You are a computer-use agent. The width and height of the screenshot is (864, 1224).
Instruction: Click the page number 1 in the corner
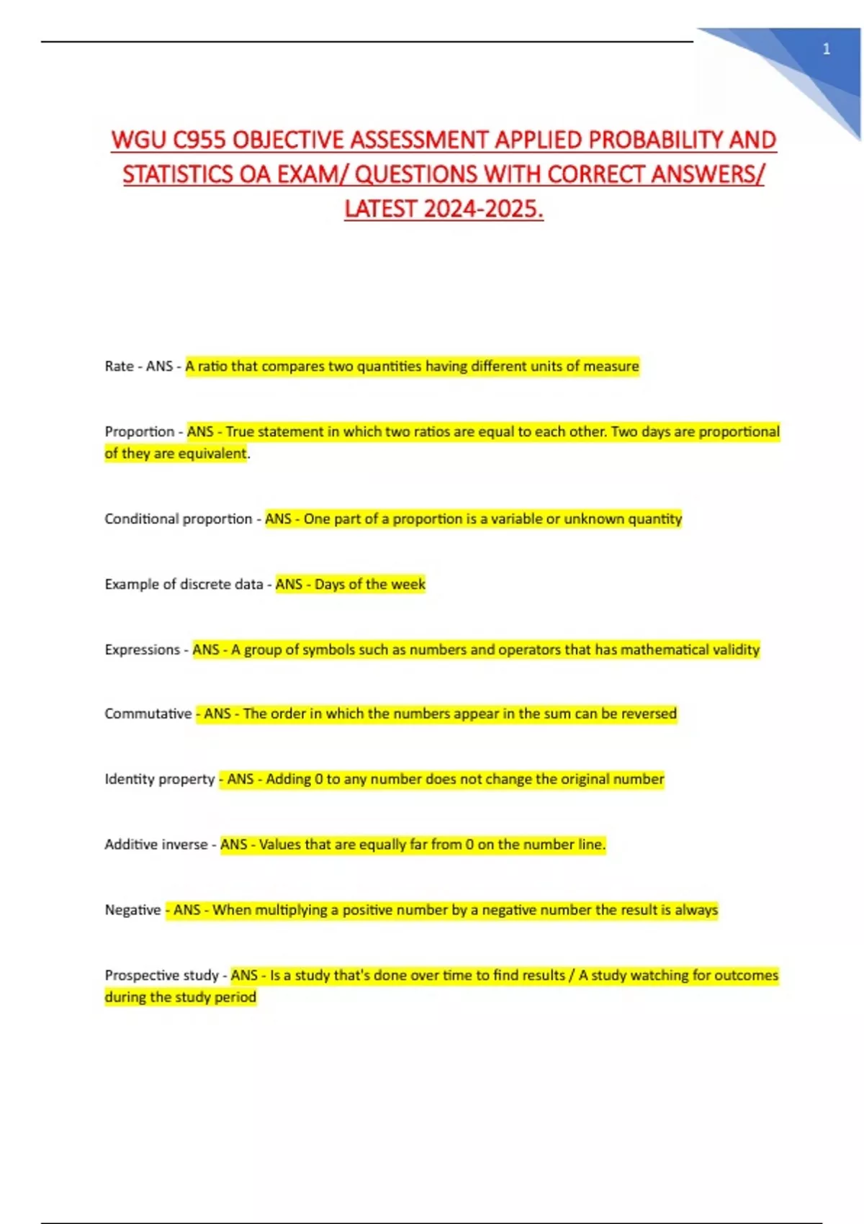click(826, 49)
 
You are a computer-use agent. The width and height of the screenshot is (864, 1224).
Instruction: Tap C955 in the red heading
click(199, 140)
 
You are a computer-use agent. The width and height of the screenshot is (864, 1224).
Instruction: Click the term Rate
click(119, 366)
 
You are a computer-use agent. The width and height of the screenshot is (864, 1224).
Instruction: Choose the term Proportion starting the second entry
click(139, 432)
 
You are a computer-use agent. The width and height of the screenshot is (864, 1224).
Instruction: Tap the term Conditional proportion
click(178, 519)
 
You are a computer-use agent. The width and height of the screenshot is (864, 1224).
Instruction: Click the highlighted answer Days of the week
click(369, 584)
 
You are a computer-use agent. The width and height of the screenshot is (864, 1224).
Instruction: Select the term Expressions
click(142, 649)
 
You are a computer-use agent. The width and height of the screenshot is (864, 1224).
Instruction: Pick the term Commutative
click(148, 714)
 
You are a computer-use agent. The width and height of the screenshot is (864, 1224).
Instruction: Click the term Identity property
click(159, 779)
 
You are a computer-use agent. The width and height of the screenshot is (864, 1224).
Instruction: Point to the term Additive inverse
click(156, 845)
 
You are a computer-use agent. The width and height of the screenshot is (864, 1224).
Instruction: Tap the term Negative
click(132, 910)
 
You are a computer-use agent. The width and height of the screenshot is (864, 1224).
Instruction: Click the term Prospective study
click(161, 976)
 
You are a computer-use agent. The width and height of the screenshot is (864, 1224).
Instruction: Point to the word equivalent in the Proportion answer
click(212, 454)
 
